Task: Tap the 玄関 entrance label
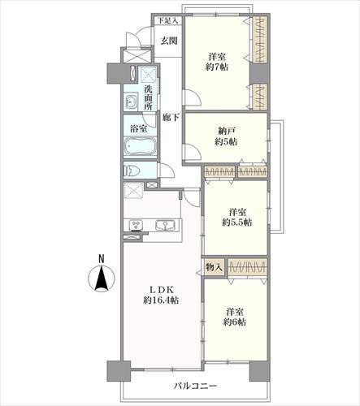[x=169, y=41]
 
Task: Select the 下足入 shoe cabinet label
[x=168, y=20]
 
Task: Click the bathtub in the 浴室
[x=140, y=146]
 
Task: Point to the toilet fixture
[x=132, y=171]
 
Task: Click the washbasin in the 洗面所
[x=132, y=101]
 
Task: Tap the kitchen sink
[x=165, y=226]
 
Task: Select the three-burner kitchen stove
[x=136, y=226]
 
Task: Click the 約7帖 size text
[x=217, y=67]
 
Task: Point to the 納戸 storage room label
[x=226, y=131]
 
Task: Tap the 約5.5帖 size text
[x=237, y=222]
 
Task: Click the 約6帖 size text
[x=235, y=322]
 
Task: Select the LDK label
[x=162, y=290]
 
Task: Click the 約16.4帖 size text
[x=161, y=300]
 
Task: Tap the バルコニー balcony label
[x=195, y=386]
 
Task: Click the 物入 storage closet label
[x=215, y=267]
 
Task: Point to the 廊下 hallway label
[x=171, y=117]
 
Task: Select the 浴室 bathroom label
[x=139, y=129]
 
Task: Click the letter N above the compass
[x=102, y=259]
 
